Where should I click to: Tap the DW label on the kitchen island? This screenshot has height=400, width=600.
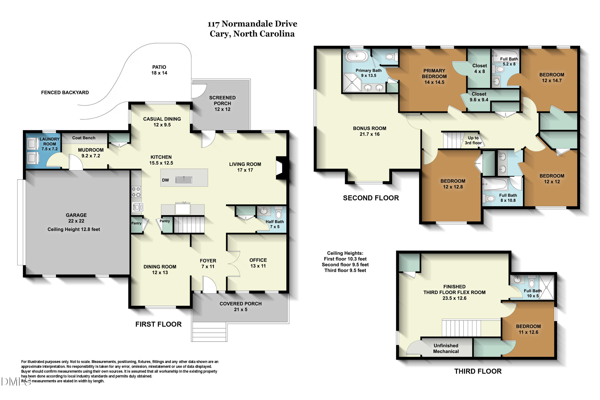pyautogui.click(x=165, y=180)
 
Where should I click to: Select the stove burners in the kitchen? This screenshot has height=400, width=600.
pyautogui.click(x=136, y=192)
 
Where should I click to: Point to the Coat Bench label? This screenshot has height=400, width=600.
pyautogui.click(x=84, y=138)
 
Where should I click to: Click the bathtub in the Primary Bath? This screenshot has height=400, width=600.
pyautogui.click(x=356, y=56)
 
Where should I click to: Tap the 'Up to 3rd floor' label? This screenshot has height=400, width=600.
pyautogui.click(x=473, y=140)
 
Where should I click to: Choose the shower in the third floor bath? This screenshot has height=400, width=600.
pyautogui.click(x=546, y=287)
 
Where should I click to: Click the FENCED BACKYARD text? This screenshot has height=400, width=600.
pyautogui.click(x=65, y=93)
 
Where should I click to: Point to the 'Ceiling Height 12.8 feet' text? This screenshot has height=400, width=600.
pyautogui.click(x=74, y=229)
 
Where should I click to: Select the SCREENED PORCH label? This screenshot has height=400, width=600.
pyautogui.click(x=222, y=101)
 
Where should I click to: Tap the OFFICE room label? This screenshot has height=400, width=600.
pyautogui.click(x=258, y=260)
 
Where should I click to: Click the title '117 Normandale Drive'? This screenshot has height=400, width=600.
pyautogui.click(x=252, y=24)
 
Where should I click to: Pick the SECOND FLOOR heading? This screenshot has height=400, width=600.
pyautogui.click(x=371, y=198)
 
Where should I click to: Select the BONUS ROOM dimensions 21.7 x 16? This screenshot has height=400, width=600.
pyautogui.click(x=370, y=134)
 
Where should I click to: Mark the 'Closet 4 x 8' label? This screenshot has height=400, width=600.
pyautogui.click(x=480, y=69)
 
